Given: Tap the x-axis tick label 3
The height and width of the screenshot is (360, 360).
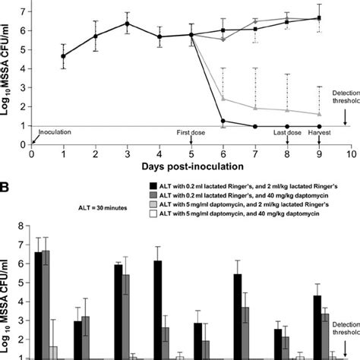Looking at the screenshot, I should point(128,151).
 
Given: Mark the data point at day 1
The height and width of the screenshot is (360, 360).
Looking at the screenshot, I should point(64,55).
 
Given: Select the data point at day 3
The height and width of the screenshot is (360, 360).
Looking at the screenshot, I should point(128,24).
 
